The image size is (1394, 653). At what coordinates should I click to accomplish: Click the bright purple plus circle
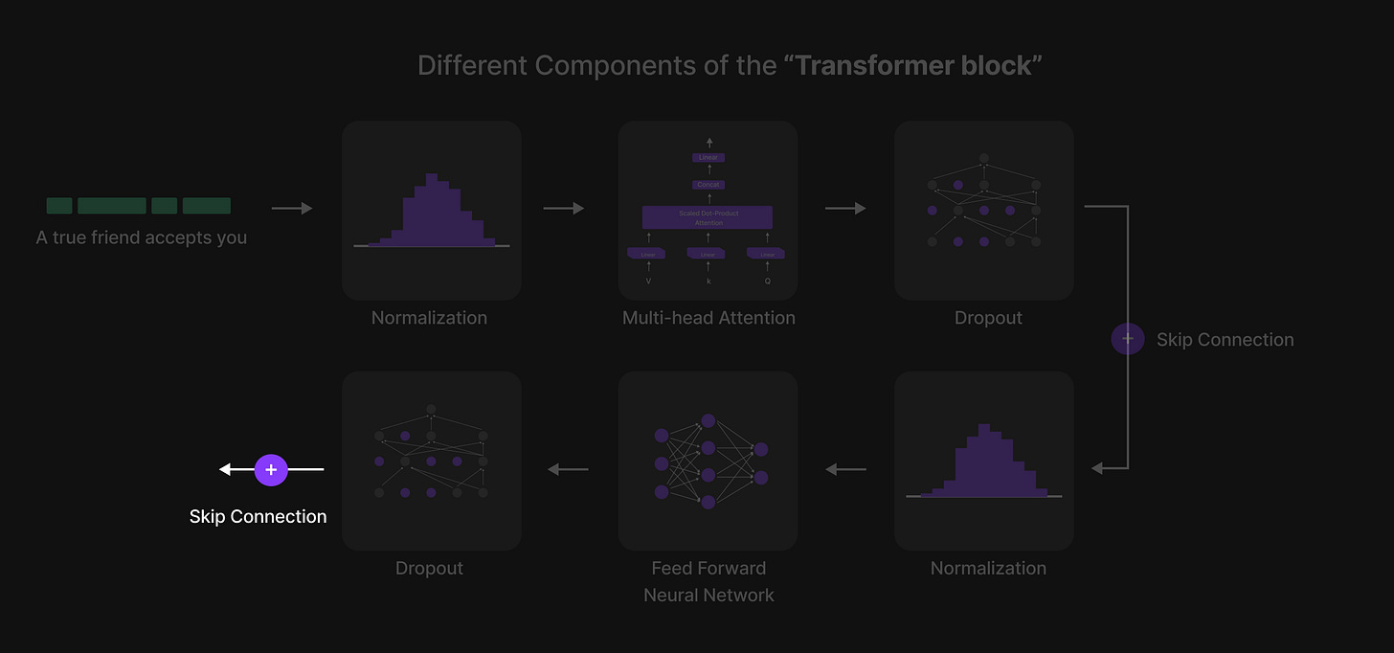[x=271, y=469]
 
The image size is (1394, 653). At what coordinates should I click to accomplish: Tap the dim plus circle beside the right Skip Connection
[x=1128, y=339]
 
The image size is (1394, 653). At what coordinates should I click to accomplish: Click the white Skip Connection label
[x=258, y=517]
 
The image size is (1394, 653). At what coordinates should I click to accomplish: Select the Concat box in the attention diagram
[x=708, y=184]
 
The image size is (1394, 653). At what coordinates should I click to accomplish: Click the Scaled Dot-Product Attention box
[x=708, y=217]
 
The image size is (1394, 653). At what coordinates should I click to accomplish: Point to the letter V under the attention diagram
[x=648, y=281]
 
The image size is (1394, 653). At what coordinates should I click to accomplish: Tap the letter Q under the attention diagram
[x=767, y=281]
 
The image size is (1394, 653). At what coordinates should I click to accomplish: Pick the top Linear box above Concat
[x=708, y=157]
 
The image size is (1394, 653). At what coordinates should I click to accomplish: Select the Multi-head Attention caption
[x=708, y=318]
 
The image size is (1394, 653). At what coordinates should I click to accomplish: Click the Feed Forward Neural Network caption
[x=708, y=581]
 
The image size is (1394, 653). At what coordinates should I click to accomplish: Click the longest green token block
[x=111, y=206]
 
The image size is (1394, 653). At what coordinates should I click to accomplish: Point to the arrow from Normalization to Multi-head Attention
[x=563, y=208]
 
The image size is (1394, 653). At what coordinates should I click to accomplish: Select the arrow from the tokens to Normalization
[x=292, y=208]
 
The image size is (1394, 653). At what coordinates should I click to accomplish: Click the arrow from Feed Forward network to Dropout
[x=568, y=469]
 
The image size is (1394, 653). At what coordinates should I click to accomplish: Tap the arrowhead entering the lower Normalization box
[x=1097, y=468]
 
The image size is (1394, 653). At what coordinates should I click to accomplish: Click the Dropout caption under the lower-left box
[x=429, y=568]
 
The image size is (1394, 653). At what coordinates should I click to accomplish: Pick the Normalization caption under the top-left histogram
[x=429, y=318]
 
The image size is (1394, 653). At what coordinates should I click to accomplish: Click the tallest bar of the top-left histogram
[x=432, y=211]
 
